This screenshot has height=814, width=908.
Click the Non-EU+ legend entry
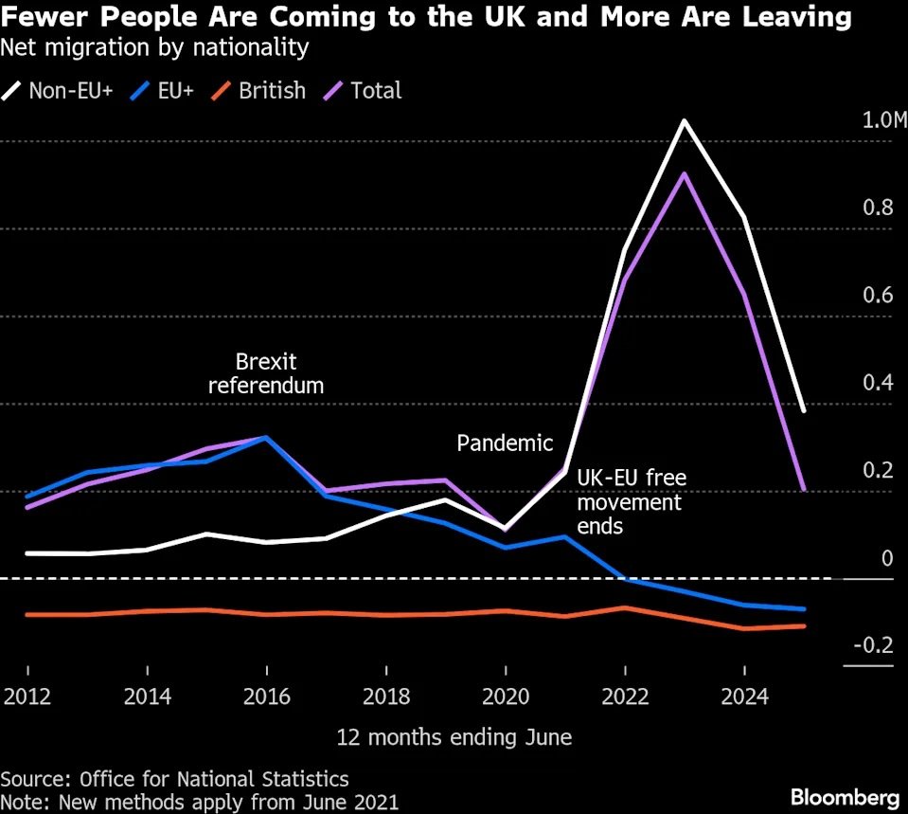(59, 91)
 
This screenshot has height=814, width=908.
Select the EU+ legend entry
(163, 91)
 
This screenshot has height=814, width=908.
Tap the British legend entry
(260, 91)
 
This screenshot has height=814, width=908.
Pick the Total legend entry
(365, 91)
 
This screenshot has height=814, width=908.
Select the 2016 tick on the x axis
(266, 696)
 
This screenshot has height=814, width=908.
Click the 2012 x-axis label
(27, 696)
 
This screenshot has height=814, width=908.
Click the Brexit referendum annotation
(266, 373)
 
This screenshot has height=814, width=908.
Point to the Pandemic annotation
(504, 443)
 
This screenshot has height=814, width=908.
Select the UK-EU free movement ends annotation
(631, 500)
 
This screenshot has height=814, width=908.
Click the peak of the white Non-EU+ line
(684, 121)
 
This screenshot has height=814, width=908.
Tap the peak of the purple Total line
(684, 173)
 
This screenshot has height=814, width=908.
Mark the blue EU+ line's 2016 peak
(266, 438)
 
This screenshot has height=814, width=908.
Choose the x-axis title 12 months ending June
(454, 736)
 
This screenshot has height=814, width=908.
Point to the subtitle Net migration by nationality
(154, 45)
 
